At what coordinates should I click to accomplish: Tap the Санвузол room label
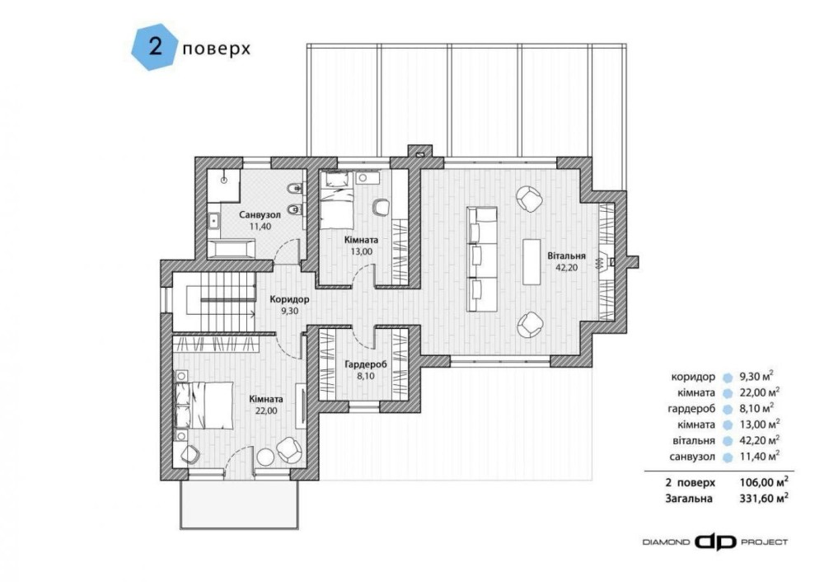pyautogui.click(x=260, y=215)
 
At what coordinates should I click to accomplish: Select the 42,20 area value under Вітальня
pyautogui.click(x=567, y=267)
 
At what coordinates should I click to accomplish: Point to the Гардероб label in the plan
pyautogui.click(x=366, y=364)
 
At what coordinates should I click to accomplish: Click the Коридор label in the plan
pyautogui.click(x=289, y=300)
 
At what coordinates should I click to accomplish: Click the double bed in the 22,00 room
pyautogui.click(x=205, y=405)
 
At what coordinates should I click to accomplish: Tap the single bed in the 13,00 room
pyautogui.click(x=337, y=203)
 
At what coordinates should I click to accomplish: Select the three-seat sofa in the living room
pyautogui.click(x=482, y=259)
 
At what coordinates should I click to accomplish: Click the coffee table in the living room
pyautogui.click(x=531, y=262)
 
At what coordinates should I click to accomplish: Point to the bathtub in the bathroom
pyautogui.click(x=232, y=249)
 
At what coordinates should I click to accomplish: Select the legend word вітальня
pyautogui.click(x=694, y=440)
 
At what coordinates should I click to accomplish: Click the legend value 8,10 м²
pyautogui.click(x=756, y=408)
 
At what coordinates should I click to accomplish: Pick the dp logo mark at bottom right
pyautogui.click(x=715, y=542)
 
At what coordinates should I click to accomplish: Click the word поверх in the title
pyautogui.click(x=216, y=49)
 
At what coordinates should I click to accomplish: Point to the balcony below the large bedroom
pyautogui.click(x=240, y=505)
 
